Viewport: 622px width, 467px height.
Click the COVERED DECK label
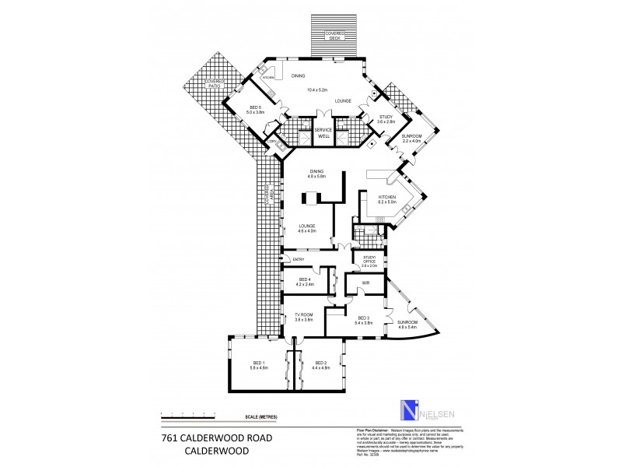(x=334, y=35)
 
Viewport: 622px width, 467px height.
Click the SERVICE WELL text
(x=323, y=132)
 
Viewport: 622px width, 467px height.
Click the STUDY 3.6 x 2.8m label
(x=386, y=119)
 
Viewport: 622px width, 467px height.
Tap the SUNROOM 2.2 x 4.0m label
(x=411, y=138)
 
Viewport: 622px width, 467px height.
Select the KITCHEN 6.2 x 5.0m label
(x=387, y=200)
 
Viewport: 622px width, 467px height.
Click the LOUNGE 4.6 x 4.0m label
(x=306, y=229)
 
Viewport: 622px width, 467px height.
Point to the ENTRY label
(x=299, y=259)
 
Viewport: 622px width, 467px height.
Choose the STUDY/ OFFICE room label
(x=369, y=262)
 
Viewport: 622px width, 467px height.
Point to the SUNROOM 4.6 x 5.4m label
(x=408, y=325)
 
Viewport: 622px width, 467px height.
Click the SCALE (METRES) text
(x=260, y=417)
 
